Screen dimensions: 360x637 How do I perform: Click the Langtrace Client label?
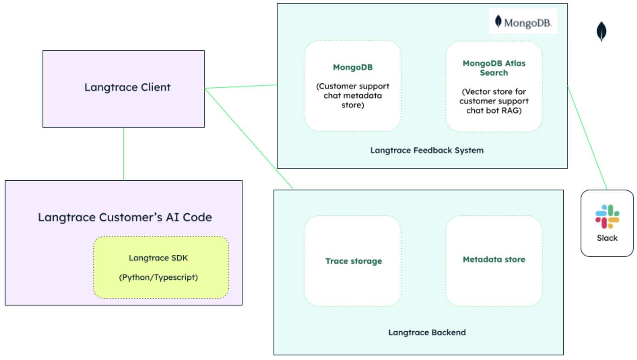(127, 88)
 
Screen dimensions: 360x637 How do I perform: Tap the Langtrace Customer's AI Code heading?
(125, 217)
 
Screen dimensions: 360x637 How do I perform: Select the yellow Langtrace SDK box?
(161, 268)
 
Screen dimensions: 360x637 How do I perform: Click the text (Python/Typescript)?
(158, 277)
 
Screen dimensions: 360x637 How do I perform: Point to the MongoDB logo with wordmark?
(523, 22)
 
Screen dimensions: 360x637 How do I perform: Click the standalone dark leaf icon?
(601, 31)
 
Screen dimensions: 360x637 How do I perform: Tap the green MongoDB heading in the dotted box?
(353, 68)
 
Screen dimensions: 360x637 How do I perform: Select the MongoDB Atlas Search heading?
(494, 68)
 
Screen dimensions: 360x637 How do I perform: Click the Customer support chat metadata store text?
(353, 96)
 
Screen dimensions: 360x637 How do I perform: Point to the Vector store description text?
(494, 101)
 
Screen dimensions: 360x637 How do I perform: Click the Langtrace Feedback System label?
(427, 150)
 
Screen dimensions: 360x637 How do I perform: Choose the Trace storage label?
(353, 261)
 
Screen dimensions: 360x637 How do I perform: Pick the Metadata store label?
(494, 259)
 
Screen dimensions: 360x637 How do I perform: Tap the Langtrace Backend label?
(427, 332)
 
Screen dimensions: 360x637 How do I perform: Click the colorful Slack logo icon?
(607, 216)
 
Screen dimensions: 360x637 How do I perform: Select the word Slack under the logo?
(607, 238)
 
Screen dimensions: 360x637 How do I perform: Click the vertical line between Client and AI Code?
(124, 154)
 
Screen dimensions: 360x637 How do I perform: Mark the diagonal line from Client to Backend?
(249, 138)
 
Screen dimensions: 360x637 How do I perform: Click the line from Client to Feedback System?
(241, 87)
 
